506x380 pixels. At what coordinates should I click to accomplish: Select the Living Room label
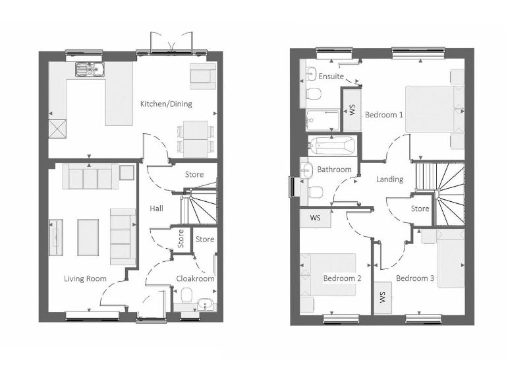pos(85,278)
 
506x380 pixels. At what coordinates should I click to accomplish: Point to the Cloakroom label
pos(196,278)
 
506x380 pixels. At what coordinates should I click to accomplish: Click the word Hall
pos(156,208)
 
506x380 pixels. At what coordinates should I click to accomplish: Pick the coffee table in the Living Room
pos(88,237)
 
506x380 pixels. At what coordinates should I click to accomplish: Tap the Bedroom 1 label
pos(384,114)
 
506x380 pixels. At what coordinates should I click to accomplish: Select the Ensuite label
pos(331,77)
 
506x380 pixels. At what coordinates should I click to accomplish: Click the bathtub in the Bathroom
pos(331,146)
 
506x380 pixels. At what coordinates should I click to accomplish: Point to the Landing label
pos(389,179)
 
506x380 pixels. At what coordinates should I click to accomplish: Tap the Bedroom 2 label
pos(342,278)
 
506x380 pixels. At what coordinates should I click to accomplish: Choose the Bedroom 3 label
pos(415,278)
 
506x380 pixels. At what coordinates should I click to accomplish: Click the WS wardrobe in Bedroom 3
pos(383,297)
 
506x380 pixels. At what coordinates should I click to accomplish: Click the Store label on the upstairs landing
pos(420,208)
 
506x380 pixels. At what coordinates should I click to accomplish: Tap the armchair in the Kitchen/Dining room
pos(202,76)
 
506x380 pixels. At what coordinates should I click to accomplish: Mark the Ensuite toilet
pos(314,95)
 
